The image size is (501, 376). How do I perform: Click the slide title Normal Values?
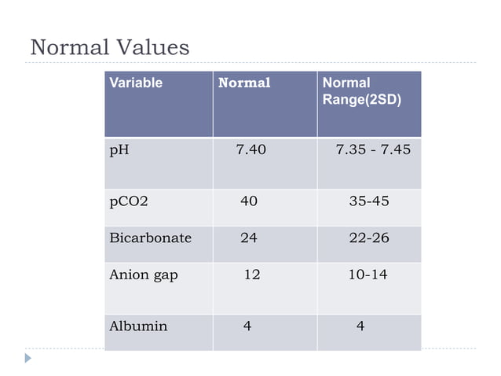pos(109,48)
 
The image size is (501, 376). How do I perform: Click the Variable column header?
pos(136,83)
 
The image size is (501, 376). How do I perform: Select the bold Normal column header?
pos(243,83)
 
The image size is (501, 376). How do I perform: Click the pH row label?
pos(119,149)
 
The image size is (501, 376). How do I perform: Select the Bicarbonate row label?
pos(150,237)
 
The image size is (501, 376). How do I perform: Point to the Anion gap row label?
pos(143,275)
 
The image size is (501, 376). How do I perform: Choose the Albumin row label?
pos(138,326)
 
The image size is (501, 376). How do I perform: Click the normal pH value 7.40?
pos(251,149)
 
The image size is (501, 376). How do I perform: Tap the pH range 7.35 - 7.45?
pos(373,149)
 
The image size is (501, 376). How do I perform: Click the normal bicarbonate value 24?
pos(248,237)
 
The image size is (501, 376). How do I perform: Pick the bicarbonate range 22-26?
pos(369,237)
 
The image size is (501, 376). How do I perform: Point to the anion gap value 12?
pos(252,275)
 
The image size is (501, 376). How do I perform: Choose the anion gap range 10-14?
pos(368,275)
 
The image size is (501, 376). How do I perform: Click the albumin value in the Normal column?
pos(247,326)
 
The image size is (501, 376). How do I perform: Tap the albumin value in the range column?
pos(360,326)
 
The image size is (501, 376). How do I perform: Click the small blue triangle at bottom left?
pos(28,358)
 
